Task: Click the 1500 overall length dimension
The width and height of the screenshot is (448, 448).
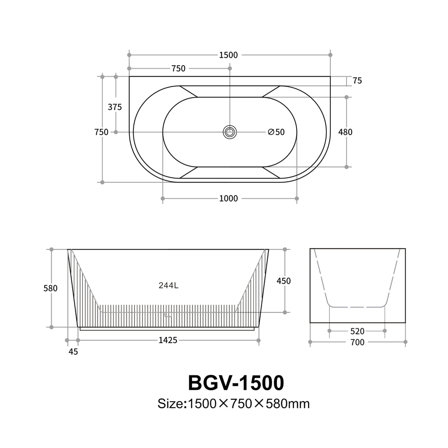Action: pyautogui.click(x=228, y=55)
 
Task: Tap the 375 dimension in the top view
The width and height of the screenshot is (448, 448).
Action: pyautogui.click(x=115, y=107)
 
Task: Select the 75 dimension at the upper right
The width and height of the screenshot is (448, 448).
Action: pyautogui.click(x=357, y=80)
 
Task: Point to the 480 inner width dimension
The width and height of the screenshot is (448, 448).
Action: pyautogui.click(x=345, y=132)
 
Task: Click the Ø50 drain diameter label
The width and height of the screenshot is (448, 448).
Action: pyautogui.click(x=276, y=132)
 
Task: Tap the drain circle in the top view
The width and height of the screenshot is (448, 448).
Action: pyautogui.click(x=230, y=132)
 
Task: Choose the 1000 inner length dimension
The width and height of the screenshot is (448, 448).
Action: pyautogui.click(x=228, y=198)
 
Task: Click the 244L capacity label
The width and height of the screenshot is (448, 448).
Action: pyautogui.click(x=168, y=285)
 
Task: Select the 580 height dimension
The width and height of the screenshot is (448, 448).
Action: pyautogui.click(x=50, y=288)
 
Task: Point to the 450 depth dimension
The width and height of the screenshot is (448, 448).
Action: pyautogui.click(x=283, y=281)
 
